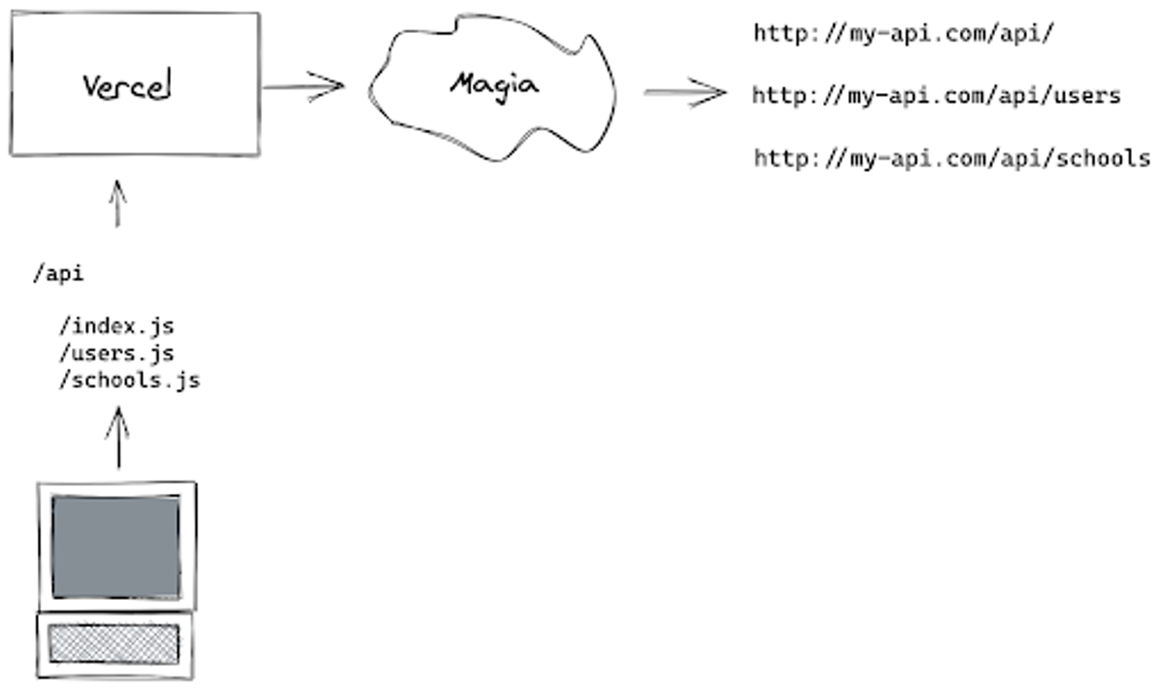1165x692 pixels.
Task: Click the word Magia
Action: coord(493,84)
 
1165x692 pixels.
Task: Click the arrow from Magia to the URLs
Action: coord(683,93)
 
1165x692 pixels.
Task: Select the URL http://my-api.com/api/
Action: coord(904,34)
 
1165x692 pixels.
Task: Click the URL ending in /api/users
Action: coord(937,96)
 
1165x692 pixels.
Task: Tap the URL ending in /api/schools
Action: coord(951,158)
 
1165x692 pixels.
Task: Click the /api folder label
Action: coord(57,275)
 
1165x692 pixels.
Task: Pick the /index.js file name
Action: coord(116,326)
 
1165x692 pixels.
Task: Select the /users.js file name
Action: coord(116,353)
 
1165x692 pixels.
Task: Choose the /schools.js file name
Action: coord(129,379)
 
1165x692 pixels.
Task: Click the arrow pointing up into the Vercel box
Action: coord(117,203)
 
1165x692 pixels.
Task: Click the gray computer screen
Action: coord(116,546)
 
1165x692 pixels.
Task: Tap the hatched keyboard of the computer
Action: coord(115,643)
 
